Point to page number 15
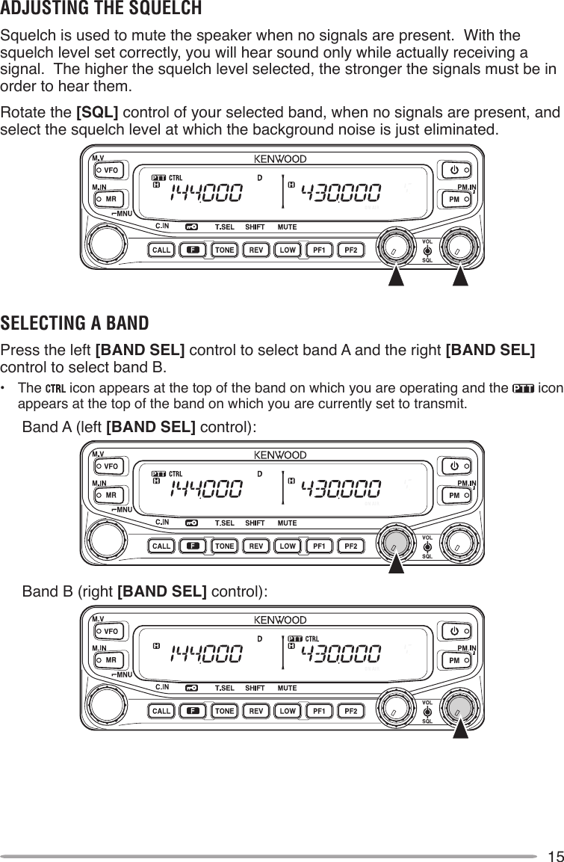(x=554, y=855)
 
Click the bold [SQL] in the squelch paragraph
(x=97, y=114)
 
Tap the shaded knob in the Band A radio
(x=395, y=540)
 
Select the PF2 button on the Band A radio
(x=350, y=546)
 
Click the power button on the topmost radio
(x=453, y=170)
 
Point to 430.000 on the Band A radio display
(x=341, y=489)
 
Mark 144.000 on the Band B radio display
(x=207, y=656)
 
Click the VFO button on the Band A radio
(x=110, y=465)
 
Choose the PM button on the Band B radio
(x=453, y=662)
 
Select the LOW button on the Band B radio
(x=287, y=711)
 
